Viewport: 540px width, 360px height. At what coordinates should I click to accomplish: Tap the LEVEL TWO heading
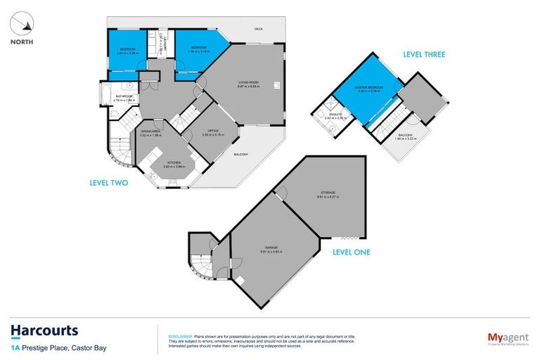click(x=109, y=183)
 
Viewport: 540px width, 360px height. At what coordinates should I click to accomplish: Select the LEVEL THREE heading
click(x=423, y=54)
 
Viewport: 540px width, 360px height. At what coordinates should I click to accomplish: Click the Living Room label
click(x=250, y=83)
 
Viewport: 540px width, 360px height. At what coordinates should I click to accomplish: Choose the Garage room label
click(x=271, y=247)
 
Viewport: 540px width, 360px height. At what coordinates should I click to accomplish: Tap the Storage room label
click(x=329, y=192)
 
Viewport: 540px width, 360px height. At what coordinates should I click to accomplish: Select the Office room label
click(x=212, y=130)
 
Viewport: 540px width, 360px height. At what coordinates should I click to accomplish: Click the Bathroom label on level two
click(x=124, y=96)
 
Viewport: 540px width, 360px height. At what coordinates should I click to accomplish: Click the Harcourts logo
click(x=44, y=330)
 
